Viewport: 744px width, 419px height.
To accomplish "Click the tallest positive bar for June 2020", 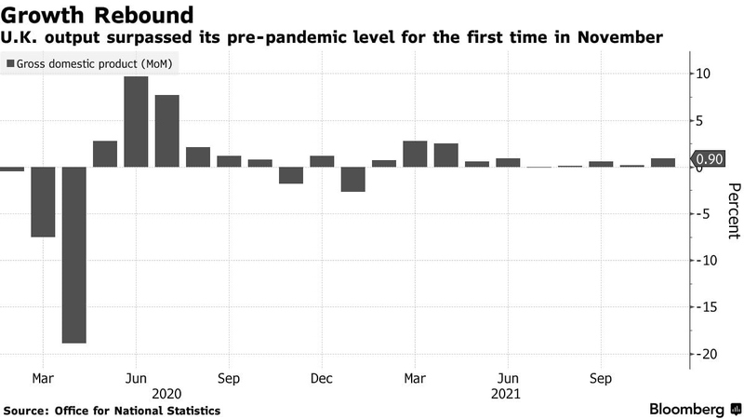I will (x=136, y=122).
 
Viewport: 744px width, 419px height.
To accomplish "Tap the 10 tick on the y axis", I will (x=705, y=74).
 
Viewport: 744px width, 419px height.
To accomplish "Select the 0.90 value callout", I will (x=709, y=160).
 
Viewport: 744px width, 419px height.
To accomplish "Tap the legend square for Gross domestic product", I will (x=10, y=63).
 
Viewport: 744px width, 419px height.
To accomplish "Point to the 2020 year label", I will (x=166, y=394).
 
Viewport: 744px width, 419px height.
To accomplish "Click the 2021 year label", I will (x=508, y=394).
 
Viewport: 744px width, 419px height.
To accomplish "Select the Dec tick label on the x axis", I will (x=322, y=379).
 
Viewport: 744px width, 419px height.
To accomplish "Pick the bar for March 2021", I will (x=415, y=155).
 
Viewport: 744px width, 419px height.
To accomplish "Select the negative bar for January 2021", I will (x=352, y=179).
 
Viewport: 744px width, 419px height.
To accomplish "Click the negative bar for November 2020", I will (x=291, y=175).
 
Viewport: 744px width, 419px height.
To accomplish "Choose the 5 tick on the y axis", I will (x=705, y=120).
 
